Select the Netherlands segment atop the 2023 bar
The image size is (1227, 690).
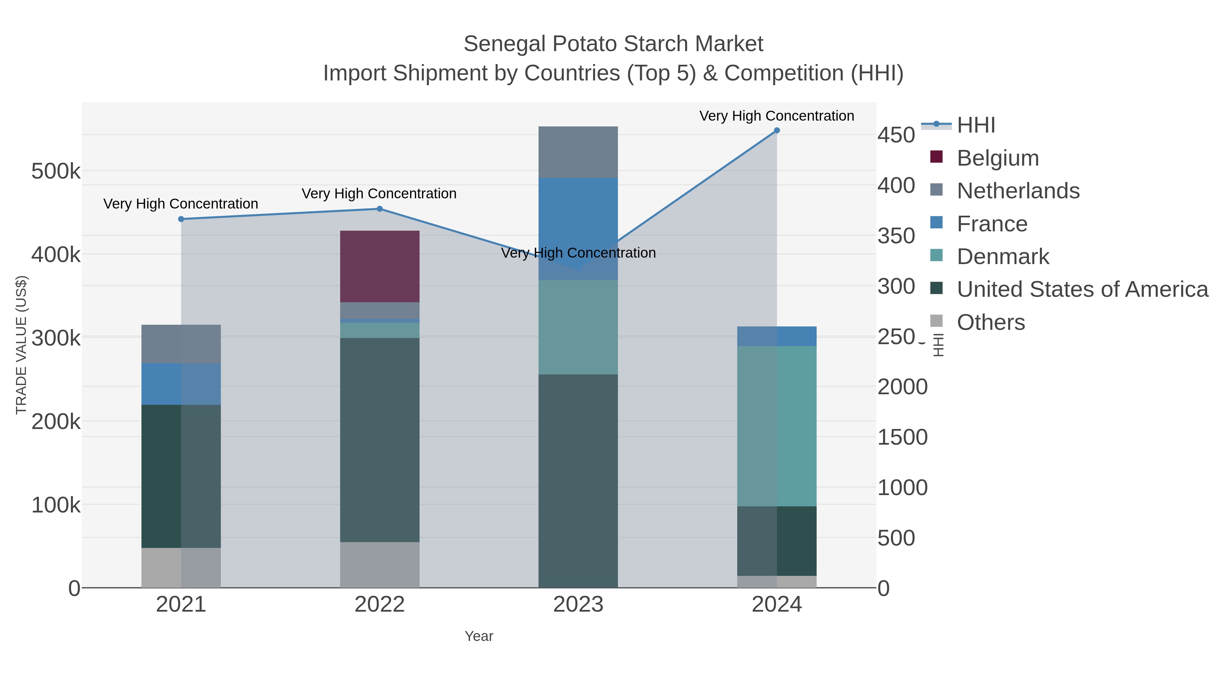click(x=578, y=152)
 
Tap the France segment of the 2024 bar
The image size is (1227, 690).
click(x=776, y=336)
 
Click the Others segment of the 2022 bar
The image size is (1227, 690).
click(x=380, y=564)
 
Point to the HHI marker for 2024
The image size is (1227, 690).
click(x=776, y=131)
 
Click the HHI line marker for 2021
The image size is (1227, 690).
click(x=181, y=219)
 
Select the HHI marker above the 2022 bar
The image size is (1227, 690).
click(x=380, y=209)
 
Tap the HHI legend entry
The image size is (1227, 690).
click(x=975, y=125)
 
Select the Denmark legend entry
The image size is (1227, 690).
click(x=1003, y=257)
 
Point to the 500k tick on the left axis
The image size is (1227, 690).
click(x=56, y=171)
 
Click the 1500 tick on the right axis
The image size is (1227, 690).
click(x=902, y=437)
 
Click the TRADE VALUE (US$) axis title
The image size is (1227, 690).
click(x=21, y=345)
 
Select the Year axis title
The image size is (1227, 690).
click(x=479, y=636)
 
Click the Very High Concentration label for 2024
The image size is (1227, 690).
click(x=776, y=116)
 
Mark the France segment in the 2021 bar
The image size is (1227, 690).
click(x=181, y=384)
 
